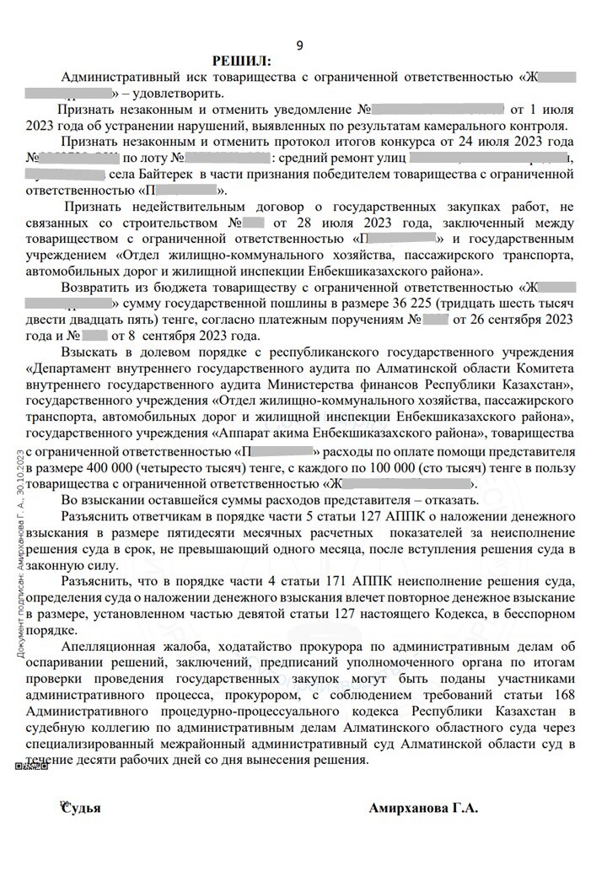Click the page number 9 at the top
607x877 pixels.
click(x=300, y=45)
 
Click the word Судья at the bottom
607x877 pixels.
click(x=81, y=808)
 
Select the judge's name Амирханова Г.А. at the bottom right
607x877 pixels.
click(x=423, y=808)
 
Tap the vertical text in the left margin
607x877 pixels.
click(x=19, y=540)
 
